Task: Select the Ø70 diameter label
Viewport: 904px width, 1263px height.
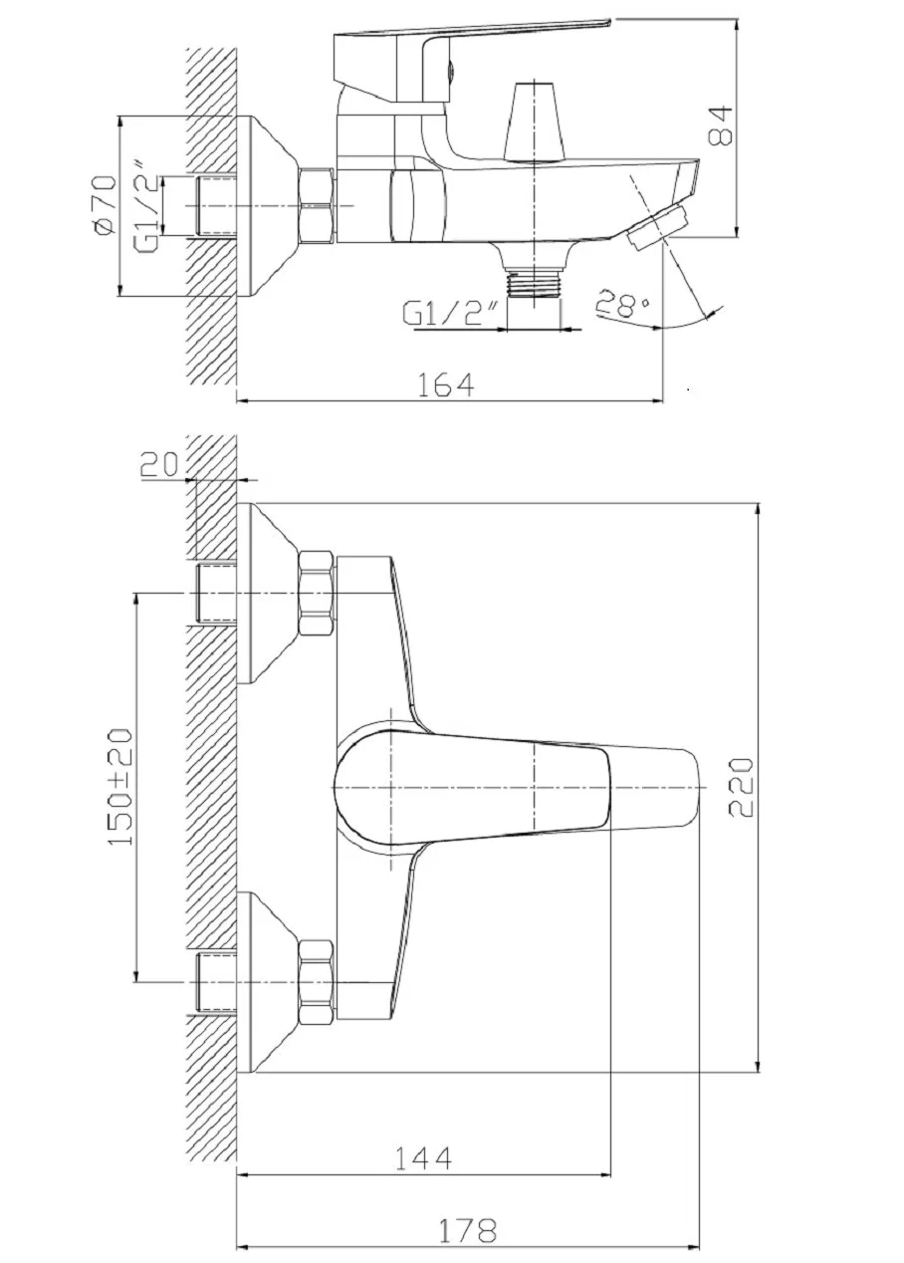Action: (107, 204)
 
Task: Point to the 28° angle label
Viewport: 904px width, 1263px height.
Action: (621, 305)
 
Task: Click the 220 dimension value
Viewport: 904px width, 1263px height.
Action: (740, 788)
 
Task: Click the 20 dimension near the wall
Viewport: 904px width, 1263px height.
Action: (159, 465)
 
